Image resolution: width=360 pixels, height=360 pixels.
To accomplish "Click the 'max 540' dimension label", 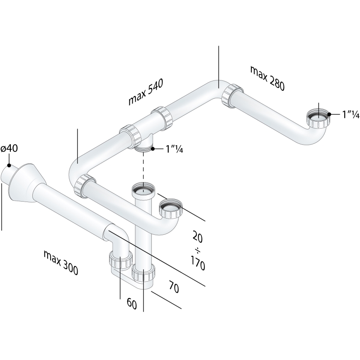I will (x=145, y=92).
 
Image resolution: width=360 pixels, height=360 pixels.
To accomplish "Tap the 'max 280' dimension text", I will (x=268, y=78).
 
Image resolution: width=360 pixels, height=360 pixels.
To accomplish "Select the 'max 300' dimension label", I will (x=61, y=263).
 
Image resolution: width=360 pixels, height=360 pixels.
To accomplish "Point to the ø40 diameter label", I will (x=9, y=148).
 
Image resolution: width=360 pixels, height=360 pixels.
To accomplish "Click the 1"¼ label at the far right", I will (x=345, y=115).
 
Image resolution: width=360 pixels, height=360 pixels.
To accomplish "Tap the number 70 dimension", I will (x=174, y=287).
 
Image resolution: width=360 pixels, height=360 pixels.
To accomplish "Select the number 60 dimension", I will (x=132, y=303).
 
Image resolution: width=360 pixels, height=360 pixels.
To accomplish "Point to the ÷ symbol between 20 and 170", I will (x=197, y=250).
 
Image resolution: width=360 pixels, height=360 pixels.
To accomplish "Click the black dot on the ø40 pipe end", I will (x=9, y=165).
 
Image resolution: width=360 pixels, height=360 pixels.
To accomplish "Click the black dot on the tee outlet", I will (x=153, y=148).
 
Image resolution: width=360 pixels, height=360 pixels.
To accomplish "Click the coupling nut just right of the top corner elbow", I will (x=231, y=95).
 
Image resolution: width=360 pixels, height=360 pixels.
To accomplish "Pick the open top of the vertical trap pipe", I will (x=144, y=190).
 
